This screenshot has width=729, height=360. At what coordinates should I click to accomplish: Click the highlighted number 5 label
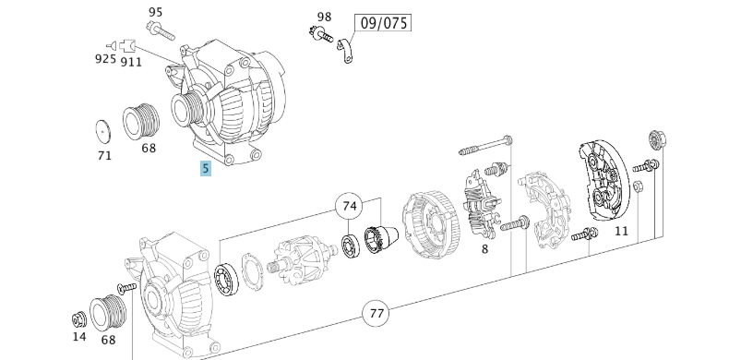[206, 168]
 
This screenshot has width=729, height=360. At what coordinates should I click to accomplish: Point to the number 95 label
[155, 12]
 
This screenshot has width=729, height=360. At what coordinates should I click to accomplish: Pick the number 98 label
[324, 17]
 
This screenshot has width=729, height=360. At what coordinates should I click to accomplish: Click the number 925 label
[105, 59]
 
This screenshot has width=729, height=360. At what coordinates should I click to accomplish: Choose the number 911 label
[131, 61]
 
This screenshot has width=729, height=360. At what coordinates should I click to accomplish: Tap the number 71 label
[104, 155]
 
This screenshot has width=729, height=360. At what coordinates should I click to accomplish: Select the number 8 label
[484, 247]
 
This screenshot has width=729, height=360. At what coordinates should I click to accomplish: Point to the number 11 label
[621, 231]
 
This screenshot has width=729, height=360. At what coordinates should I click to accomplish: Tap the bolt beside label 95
[158, 31]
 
